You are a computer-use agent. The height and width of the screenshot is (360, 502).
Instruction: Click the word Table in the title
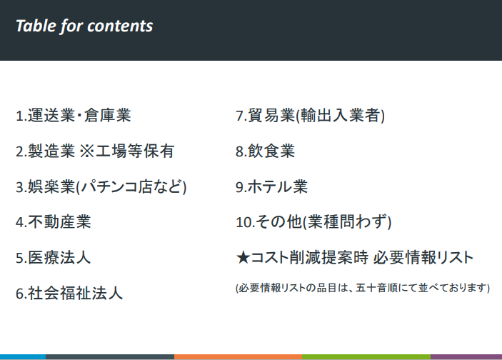tap(36, 26)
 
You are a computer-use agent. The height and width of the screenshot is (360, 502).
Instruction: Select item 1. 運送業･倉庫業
tap(74, 115)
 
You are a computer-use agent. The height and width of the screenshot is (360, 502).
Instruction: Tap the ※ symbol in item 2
tap(86, 151)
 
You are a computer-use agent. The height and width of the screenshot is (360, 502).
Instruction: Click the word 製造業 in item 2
tap(51, 151)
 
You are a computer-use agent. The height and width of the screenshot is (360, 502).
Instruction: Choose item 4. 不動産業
tap(54, 222)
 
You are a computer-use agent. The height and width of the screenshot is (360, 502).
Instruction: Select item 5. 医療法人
tap(54, 258)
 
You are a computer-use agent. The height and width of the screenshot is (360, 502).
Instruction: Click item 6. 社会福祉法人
tap(69, 293)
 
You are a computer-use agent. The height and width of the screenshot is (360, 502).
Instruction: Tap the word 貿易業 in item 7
tap(271, 115)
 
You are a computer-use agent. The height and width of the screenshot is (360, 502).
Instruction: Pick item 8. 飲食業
tap(266, 151)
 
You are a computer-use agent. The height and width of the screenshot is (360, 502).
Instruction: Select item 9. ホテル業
tap(272, 186)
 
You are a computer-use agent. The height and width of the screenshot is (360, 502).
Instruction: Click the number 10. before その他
tap(245, 222)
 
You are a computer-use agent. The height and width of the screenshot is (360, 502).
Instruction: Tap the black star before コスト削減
tap(243, 258)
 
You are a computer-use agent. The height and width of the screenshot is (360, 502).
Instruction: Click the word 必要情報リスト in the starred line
tap(423, 258)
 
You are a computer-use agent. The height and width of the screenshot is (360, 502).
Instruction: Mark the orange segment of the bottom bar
tap(239, 357)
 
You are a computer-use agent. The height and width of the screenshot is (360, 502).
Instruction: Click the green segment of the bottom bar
tap(366, 357)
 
